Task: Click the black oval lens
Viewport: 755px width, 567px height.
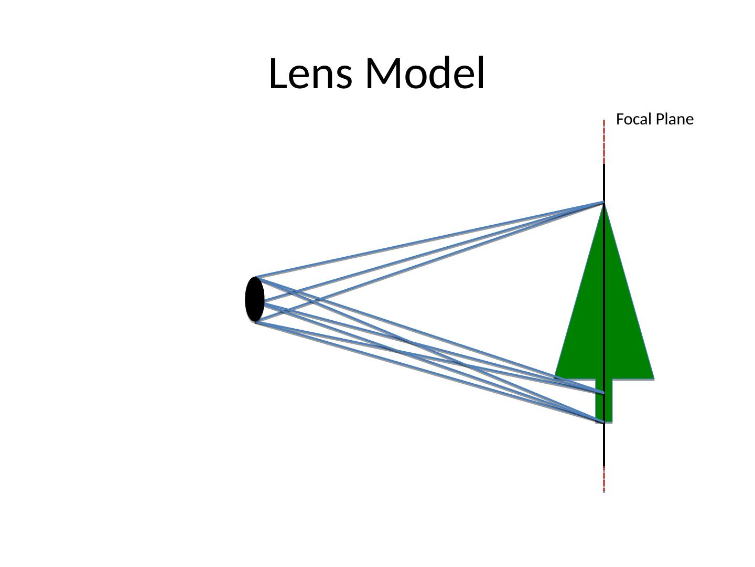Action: click(x=255, y=299)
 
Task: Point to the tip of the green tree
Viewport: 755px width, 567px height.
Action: click(x=604, y=203)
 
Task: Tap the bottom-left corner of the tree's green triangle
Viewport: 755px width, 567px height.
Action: click(x=556, y=377)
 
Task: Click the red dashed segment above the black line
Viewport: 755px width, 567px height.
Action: click(x=604, y=142)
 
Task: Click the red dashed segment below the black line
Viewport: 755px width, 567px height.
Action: click(x=604, y=479)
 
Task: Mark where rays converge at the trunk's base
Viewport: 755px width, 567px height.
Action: click(x=603, y=422)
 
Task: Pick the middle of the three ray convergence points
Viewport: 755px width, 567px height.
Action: click(x=603, y=393)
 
